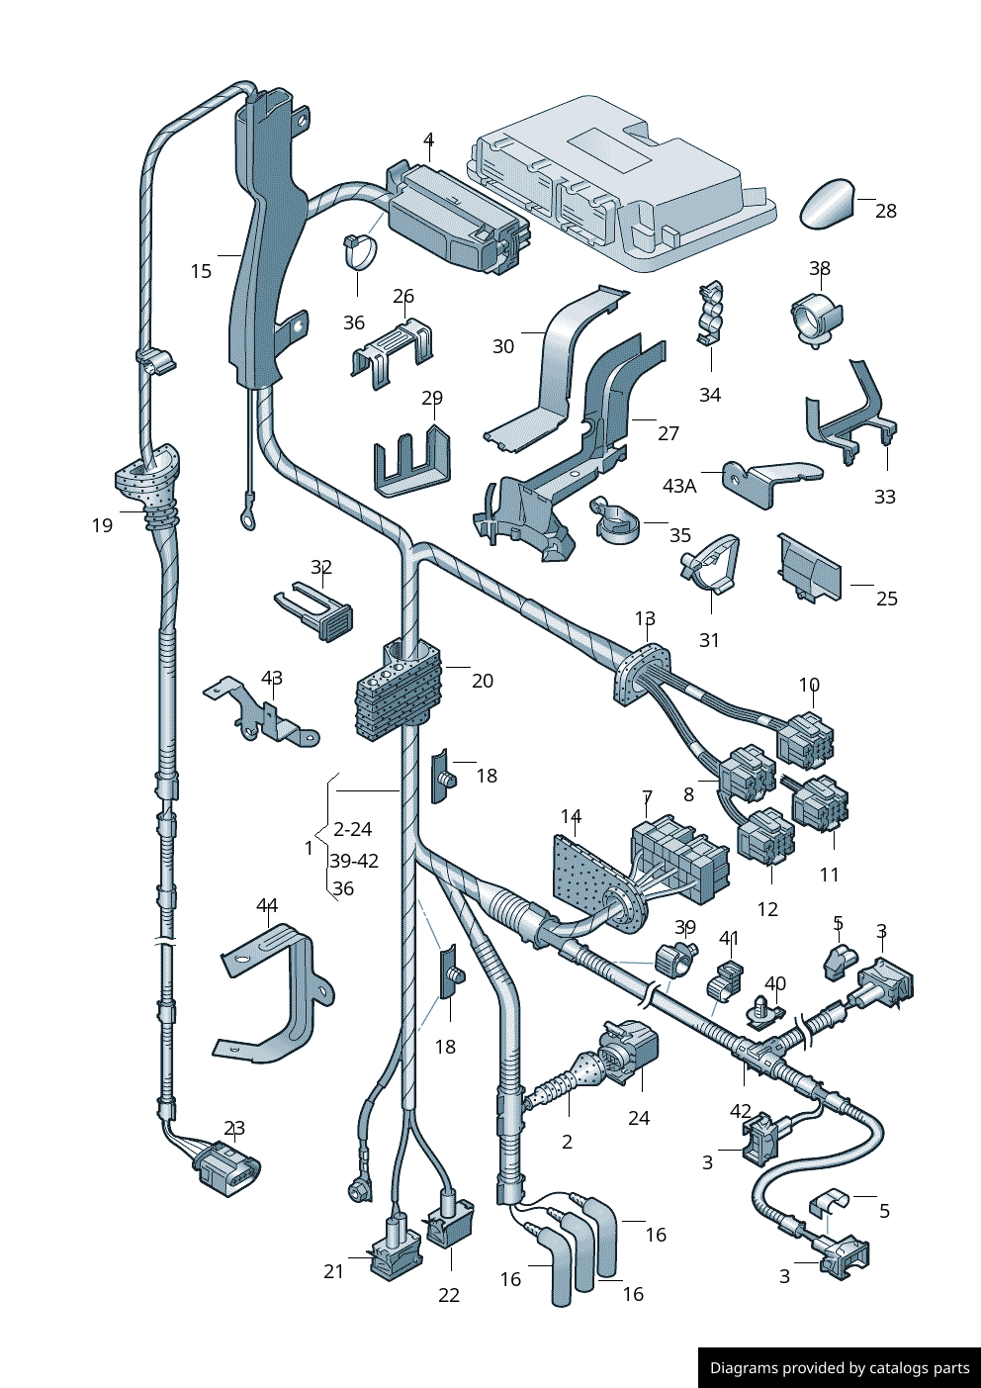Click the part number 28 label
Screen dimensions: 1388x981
pos(886,211)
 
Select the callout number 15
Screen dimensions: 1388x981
pos(201,271)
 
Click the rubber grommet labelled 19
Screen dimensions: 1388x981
pos(149,481)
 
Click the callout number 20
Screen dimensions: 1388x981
pos(483,681)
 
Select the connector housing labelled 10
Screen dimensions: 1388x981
pos(805,741)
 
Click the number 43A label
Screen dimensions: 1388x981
pos(679,486)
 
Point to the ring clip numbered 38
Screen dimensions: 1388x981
pos(816,319)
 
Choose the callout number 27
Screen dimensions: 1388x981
pos(669,433)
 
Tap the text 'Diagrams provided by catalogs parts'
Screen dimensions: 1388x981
pos(840,1368)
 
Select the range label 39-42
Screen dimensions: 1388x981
pos(354,861)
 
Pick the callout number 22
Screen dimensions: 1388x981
pos(449,1295)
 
